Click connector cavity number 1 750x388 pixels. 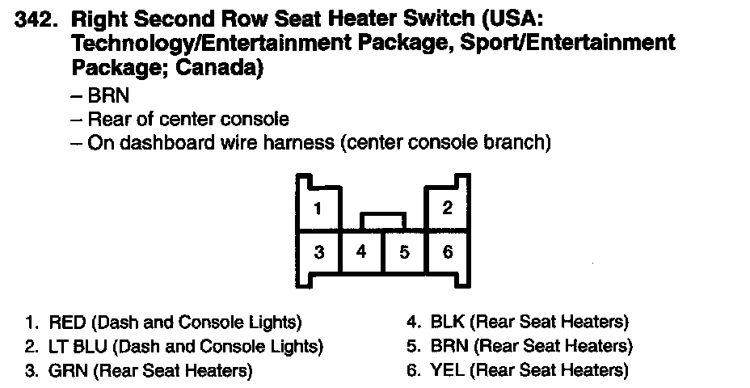[318, 209]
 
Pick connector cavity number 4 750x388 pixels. [361, 252]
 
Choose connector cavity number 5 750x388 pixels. [404, 252]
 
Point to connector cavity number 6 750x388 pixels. [448, 252]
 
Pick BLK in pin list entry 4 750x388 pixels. [447, 323]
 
